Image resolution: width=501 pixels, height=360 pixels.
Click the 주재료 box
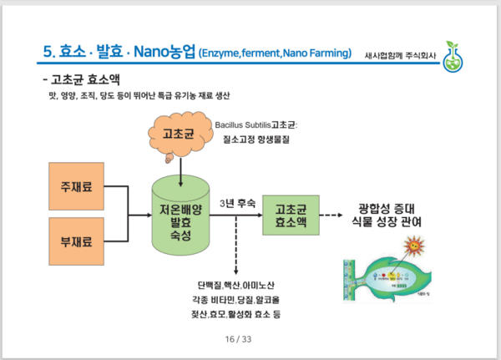tap(76, 184)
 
